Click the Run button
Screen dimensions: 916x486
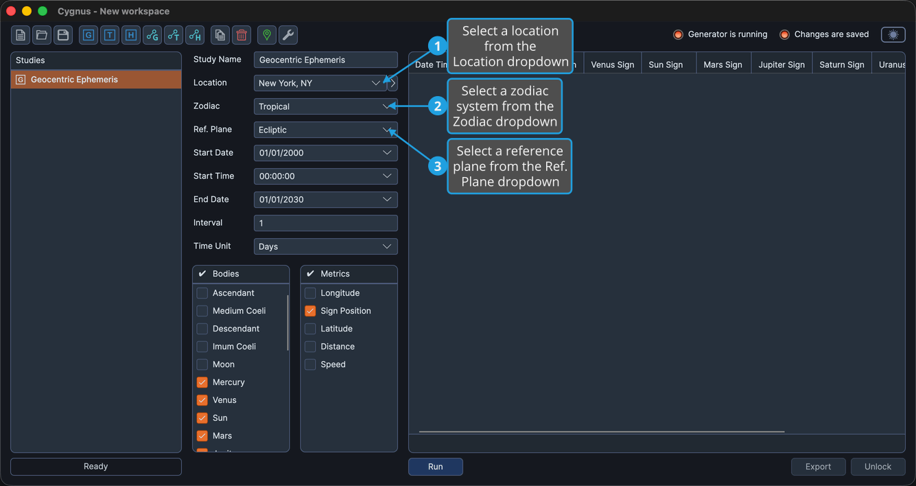[435, 466]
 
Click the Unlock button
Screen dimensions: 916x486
[878, 466]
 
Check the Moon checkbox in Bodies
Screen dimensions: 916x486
[202, 364]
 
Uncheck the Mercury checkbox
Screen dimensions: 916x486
[202, 382]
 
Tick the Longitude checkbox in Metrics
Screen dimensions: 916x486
[310, 293]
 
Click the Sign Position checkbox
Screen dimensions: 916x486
[310, 311]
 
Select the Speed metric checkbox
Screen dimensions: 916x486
[310, 364]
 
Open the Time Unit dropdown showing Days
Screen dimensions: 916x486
[325, 246]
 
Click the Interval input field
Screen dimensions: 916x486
[325, 223]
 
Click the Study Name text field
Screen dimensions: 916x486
[325, 60]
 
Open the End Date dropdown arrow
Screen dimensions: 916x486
[386, 200]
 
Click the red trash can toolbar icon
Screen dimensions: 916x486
[242, 35]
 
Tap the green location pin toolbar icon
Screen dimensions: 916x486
[267, 35]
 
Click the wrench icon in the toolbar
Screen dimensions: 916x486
[288, 35]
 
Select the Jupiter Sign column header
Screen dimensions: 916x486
[782, 65]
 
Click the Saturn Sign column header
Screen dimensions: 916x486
[842, 65]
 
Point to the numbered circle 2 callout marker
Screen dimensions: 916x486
[438, 106]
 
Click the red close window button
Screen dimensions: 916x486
[11, 11]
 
